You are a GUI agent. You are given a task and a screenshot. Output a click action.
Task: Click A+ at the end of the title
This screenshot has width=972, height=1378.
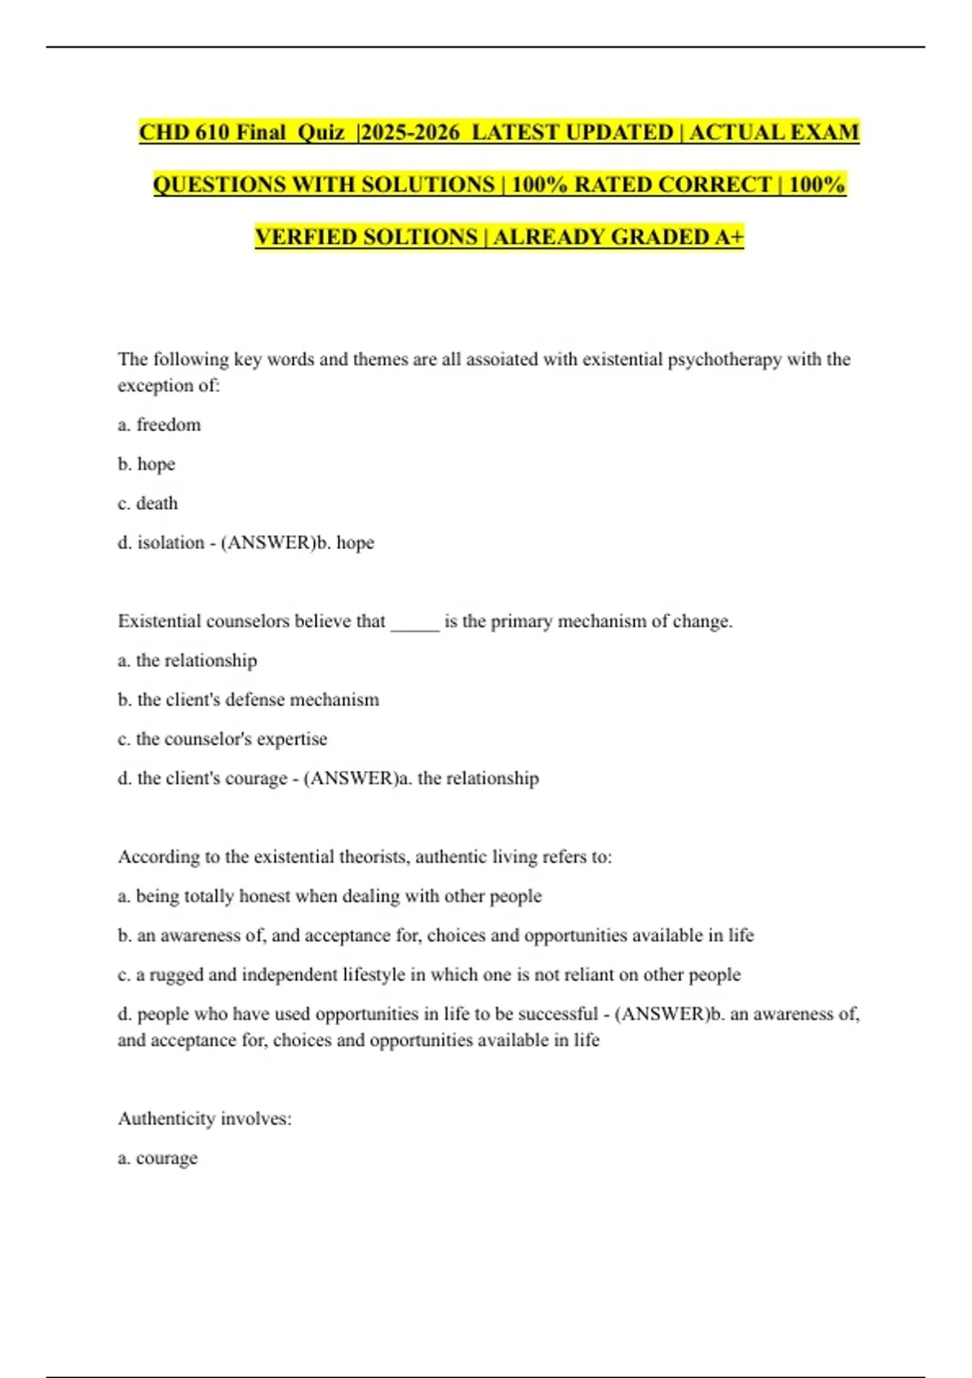pos(729,237)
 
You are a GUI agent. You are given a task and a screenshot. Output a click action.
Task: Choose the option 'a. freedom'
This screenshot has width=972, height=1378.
pos(160,425)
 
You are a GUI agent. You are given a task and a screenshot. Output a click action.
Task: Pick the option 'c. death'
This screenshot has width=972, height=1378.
pos(147,503)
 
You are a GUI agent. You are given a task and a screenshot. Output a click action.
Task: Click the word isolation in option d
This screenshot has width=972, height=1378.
pos(170,542)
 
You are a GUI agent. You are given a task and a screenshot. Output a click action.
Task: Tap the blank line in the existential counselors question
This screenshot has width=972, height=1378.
pos(415,623)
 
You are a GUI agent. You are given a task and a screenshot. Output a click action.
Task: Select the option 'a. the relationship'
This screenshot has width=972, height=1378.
pos(187,661)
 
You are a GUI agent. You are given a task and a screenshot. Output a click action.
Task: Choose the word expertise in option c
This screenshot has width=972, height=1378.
pos(292,739)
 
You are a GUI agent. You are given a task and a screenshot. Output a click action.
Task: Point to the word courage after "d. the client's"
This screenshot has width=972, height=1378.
pos(258,778)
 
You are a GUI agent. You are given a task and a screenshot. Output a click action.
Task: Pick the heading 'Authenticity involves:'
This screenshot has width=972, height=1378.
pos(205,1119)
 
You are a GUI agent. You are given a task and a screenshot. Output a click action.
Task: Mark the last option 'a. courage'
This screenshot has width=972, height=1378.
pos(158,1158)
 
